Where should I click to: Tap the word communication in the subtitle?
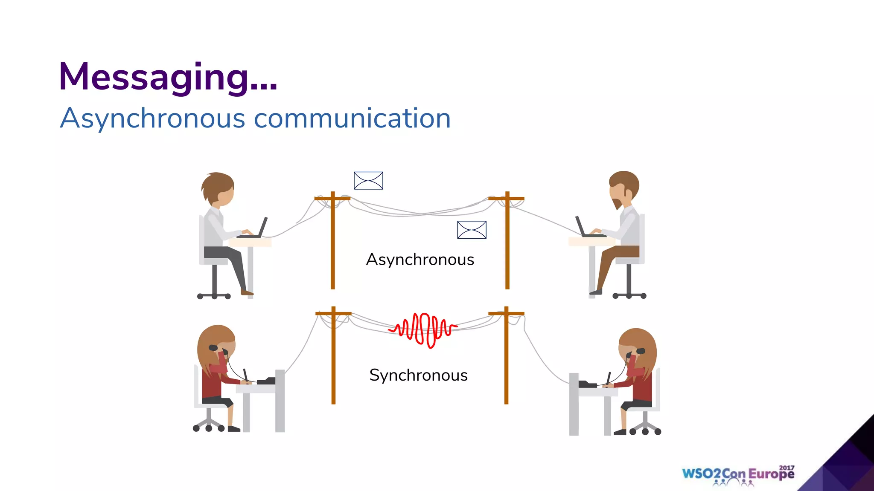[x=352, y=118]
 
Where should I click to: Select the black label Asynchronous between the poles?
[x=420, y=260]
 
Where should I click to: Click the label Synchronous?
[x=418, y=375]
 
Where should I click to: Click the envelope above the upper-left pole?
[x=368, y=181]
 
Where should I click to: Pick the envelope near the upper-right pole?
[x=472, y=230]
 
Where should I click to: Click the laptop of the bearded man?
[x=586, y=229]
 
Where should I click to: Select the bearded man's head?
[x=623, y=188]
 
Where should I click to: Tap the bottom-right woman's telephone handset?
[x=638, y=351]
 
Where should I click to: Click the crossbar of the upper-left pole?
[x=332, y=198]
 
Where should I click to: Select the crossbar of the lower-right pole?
[x=506, y=314]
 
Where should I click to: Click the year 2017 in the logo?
[x=787, y=468]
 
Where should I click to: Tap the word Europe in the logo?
[x=771, y=474]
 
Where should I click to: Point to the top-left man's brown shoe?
[x=247, y=292]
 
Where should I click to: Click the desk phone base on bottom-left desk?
[x=267, y=381]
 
